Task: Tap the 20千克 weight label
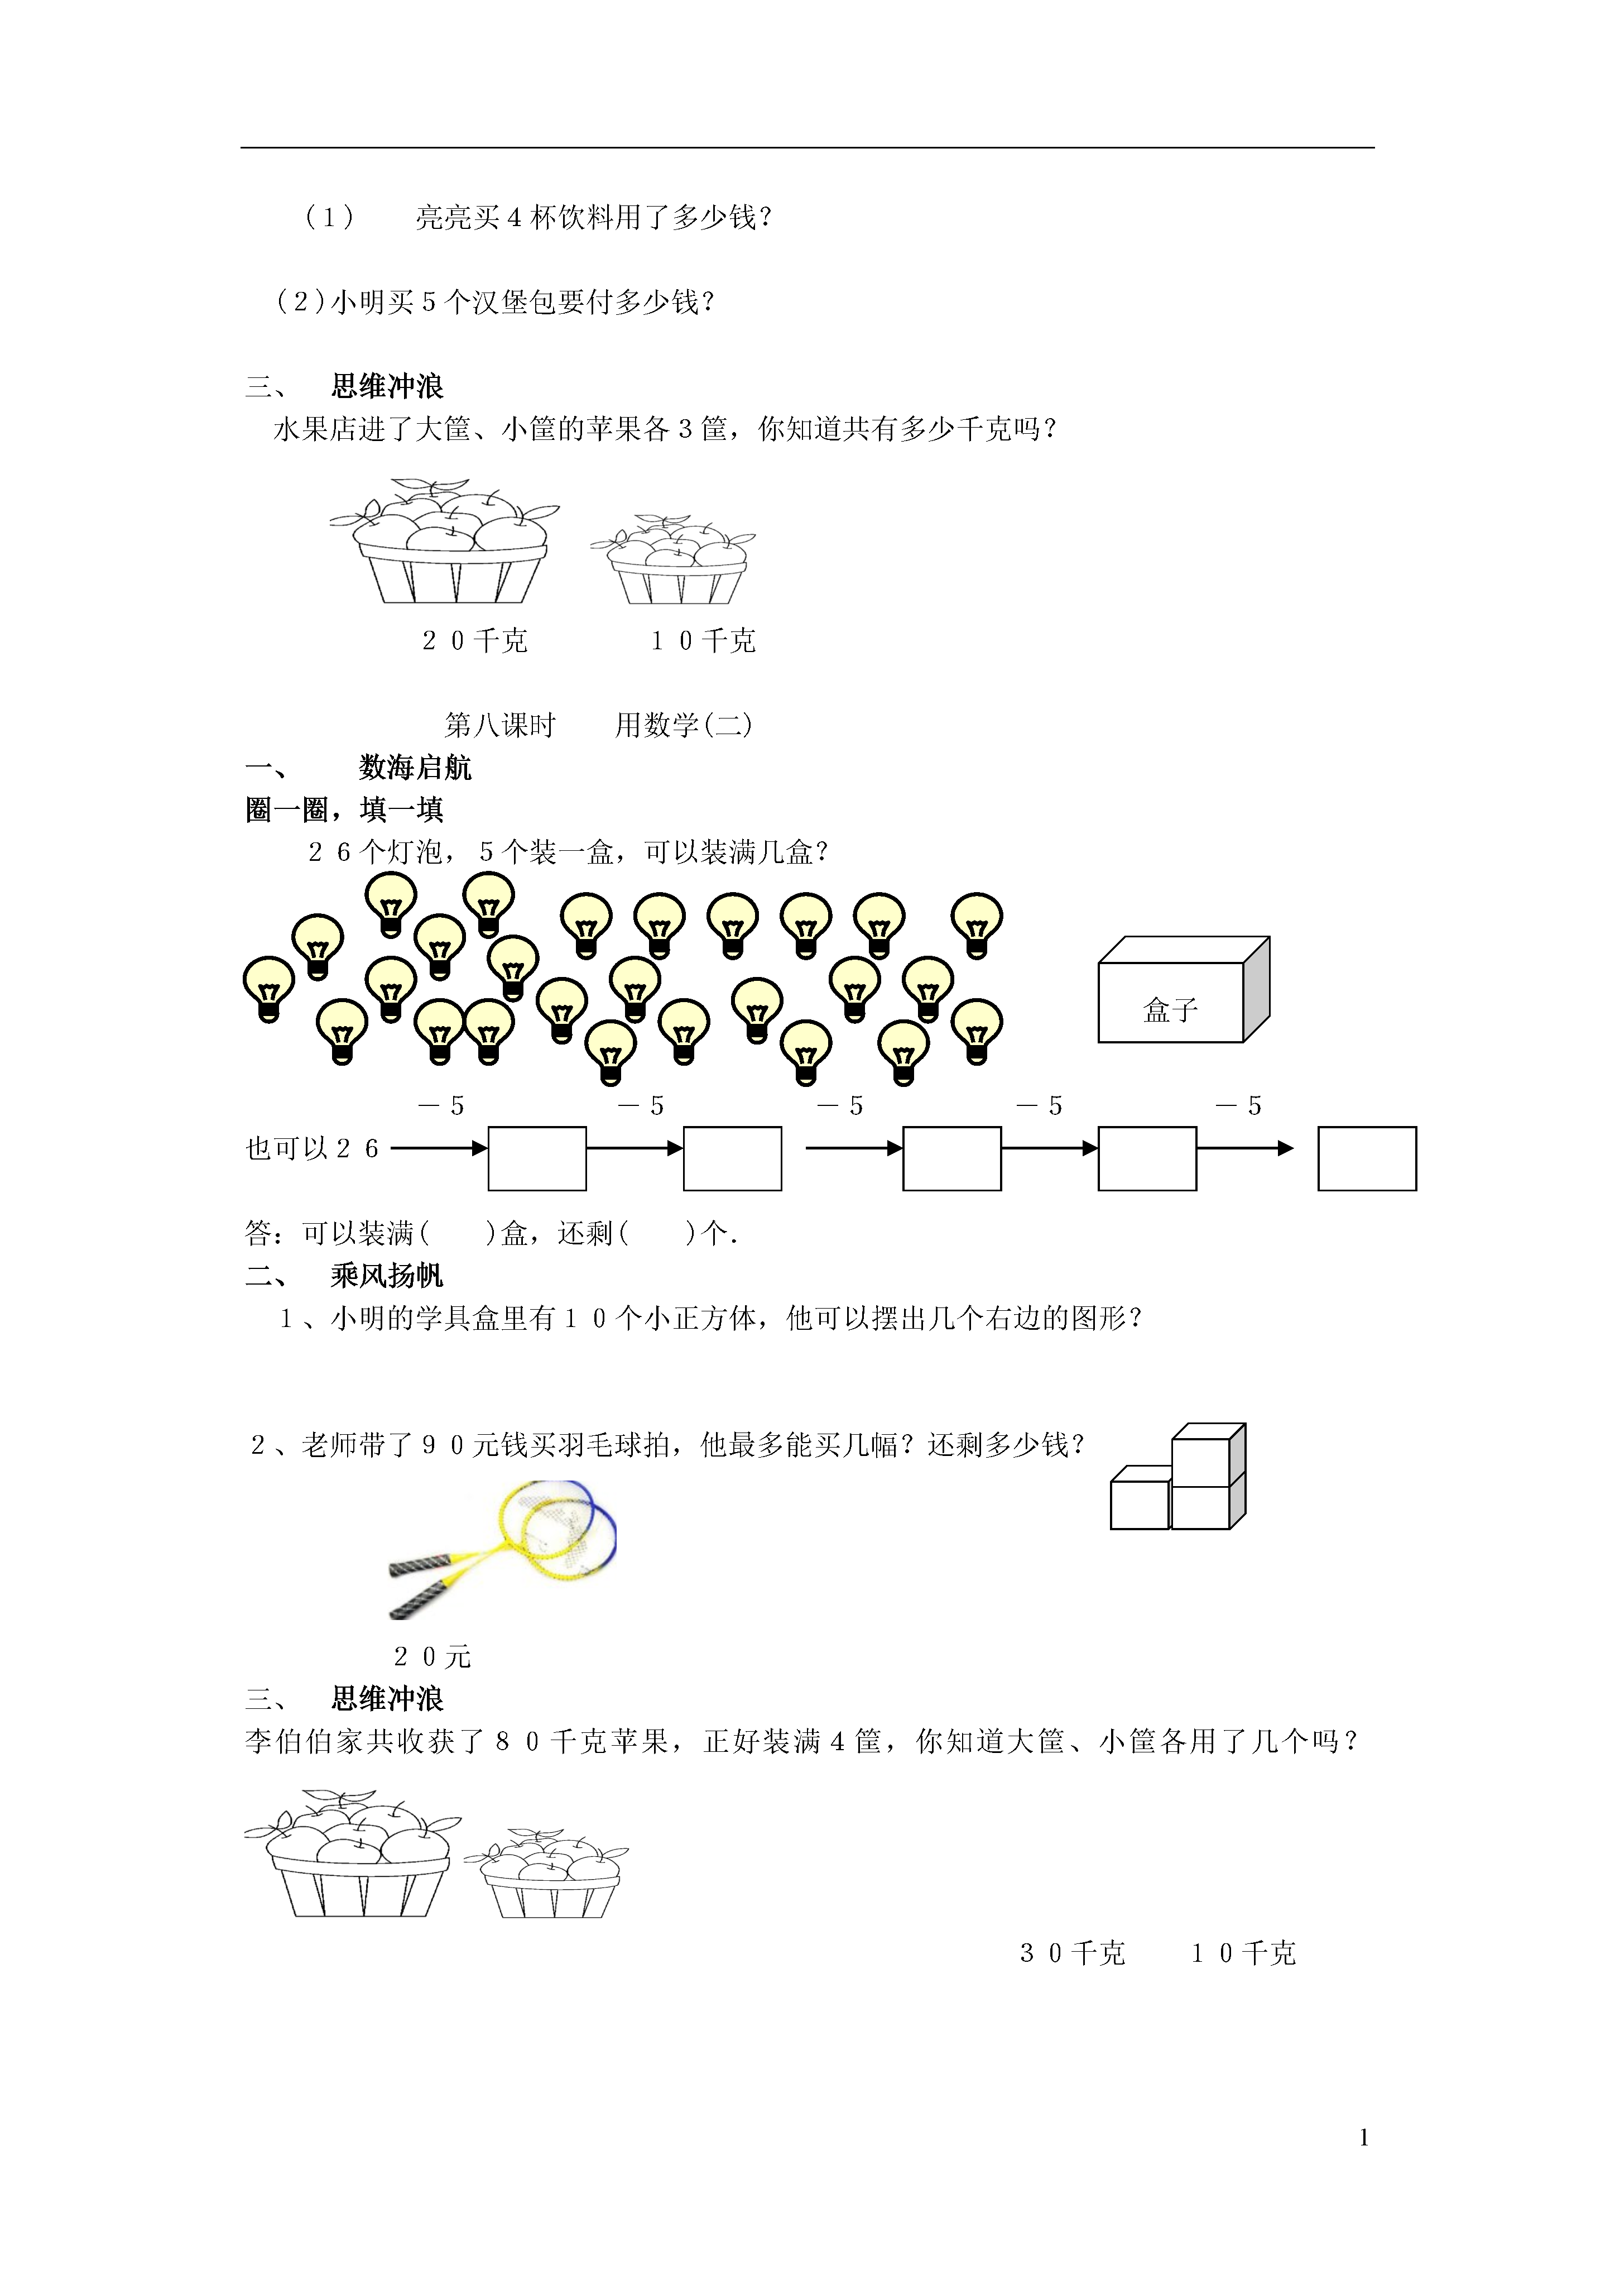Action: [x=475, y=641]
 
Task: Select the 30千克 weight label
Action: [x=1071, y=1953]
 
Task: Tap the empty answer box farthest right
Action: [x=1366, y=1158]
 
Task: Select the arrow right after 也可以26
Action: [x=439, y=1148]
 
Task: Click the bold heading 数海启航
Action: [x=415, y=767]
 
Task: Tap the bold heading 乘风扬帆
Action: [x=387, y=1276]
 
